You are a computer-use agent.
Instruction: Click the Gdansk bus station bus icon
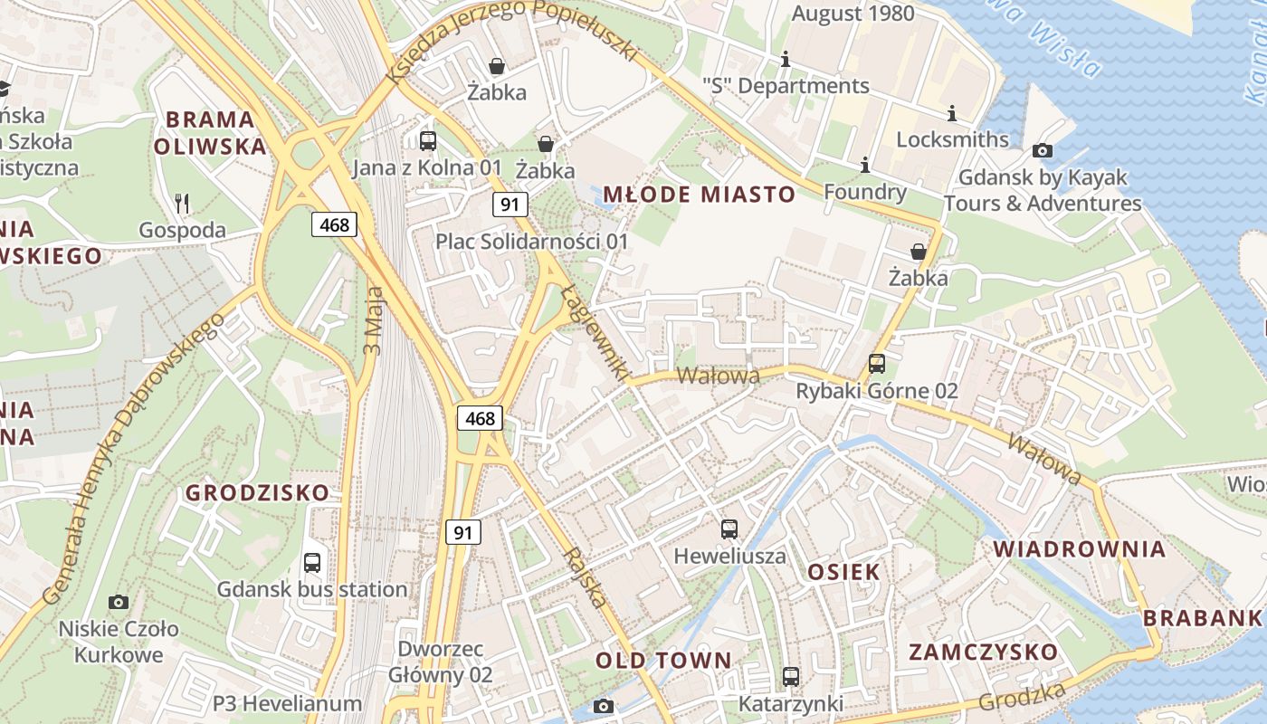click(x=312, y=562)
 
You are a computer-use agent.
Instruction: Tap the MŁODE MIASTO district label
click(x=699, y=194)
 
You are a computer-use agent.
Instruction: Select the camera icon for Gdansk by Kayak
click(x=1042, y=150)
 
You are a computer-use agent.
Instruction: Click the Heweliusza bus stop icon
click(x=729, y=529)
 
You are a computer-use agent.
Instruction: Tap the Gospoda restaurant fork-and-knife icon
click(x=182, y=203)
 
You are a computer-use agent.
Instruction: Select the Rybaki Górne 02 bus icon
click(x=876, y=364)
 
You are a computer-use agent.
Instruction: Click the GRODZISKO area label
click(x=257, y=493)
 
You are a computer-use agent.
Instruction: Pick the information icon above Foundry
click(x=864, y=165)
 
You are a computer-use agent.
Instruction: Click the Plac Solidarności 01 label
click(x=531, y=242)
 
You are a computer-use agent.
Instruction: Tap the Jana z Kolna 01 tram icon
click(x=428, y=140)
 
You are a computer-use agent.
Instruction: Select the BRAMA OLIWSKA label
click(x=210, y=132)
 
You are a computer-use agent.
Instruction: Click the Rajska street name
click(x=585, y=576)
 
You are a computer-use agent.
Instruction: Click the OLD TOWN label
click(x=662, y=661)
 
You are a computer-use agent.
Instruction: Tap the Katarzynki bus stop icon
click(x=790, y=676)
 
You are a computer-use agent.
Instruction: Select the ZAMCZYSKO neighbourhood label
click(x=983, y=652)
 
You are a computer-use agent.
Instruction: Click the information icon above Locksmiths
click(x=951, y=113)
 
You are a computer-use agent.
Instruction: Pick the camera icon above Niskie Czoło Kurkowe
click(x=118, y=602)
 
